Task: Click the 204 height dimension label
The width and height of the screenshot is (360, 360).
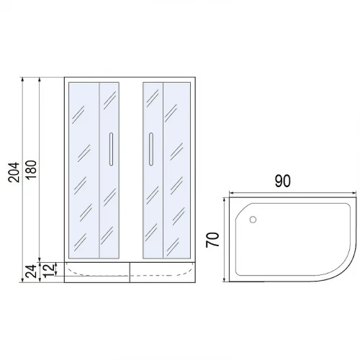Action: pos(14,172)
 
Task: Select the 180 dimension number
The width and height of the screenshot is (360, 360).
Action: pos(31,169)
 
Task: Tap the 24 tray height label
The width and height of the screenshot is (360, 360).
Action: pos(32,271)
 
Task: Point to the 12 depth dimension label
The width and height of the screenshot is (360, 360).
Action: pos(48,271)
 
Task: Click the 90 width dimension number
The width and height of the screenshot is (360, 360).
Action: pos(282,181)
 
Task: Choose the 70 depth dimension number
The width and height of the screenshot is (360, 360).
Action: pos(212,239)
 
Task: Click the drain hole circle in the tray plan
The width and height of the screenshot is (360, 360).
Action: pos(253,220)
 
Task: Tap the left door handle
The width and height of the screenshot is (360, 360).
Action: pos(111,149)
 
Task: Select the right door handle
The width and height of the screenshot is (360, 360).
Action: pos(150,149)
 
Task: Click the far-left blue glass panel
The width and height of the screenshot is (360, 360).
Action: pos(84,171)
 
